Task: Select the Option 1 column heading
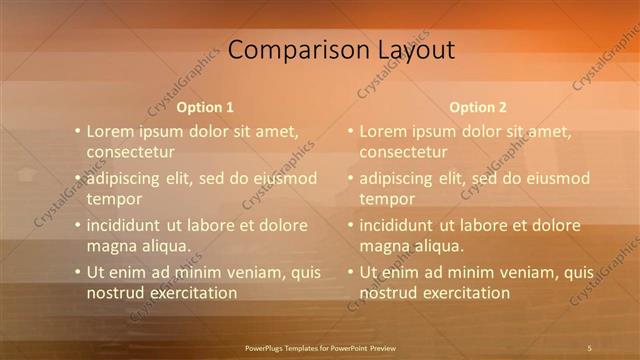(205, 107)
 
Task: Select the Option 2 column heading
(478, 107)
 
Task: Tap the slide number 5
(589, 347)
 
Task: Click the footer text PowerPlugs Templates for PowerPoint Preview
(320, 347)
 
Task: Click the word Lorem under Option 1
(110, 131)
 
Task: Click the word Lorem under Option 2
(382, 131)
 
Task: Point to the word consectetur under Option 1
(131, 153)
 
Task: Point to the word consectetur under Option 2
(403, 153)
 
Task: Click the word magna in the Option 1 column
(111, 246)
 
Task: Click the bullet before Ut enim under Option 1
(77, 272)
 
